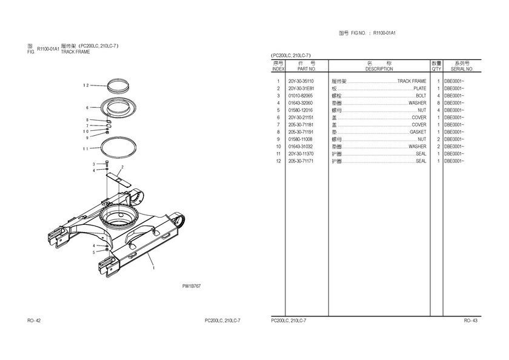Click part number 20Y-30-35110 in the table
pos(301,81)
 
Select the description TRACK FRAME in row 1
pos(411,81)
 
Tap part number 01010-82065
pos(301,96)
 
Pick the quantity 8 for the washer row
pos(437,103)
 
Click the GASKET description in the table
pos(418,132)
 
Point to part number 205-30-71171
pos(301,161)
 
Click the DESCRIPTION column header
pos(379,69)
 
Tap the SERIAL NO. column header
pos(461,69)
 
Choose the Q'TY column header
pos(436,69)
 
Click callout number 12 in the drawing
pos(87,85)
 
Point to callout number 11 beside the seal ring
pos(87,148)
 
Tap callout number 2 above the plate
pos(122,167)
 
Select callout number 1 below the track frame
pos(153,267)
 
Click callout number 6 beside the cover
pos(87,107)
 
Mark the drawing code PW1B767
pos(191,285)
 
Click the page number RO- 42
pos(34,320)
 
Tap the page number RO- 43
pos(471,320)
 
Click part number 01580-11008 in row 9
pos(301,139)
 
